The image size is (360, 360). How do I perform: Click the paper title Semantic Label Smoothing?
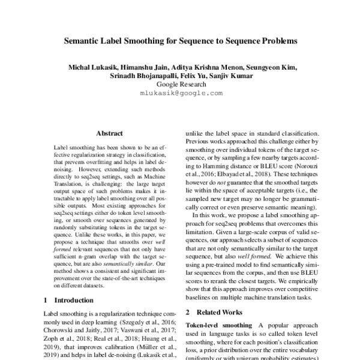coord(181,43)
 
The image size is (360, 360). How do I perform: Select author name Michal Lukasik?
coord(90,67)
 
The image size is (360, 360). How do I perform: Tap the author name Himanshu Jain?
coord(142,67)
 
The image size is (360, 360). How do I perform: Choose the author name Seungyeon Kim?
coord(271,67)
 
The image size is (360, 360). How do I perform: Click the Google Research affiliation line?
coord(181,85)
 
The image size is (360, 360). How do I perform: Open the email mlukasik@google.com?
coord(181,94)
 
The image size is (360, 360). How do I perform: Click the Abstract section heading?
coord(109,133)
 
